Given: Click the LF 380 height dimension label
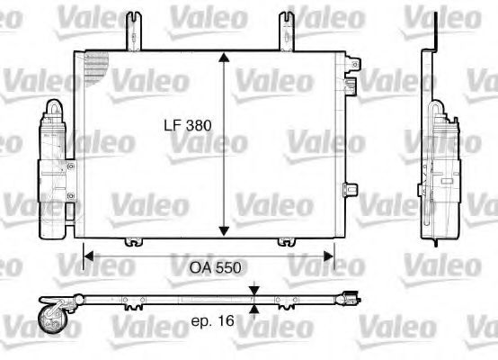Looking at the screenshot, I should pyautogui.click(x=187, y=127).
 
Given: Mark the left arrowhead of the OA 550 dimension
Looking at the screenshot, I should pyautogui.click(x=88, y=256).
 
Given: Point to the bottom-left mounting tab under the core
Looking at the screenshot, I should pyautogui.click(x=133, y=240).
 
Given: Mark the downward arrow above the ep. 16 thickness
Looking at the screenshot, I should pyautogui.click(x=255, y=290).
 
